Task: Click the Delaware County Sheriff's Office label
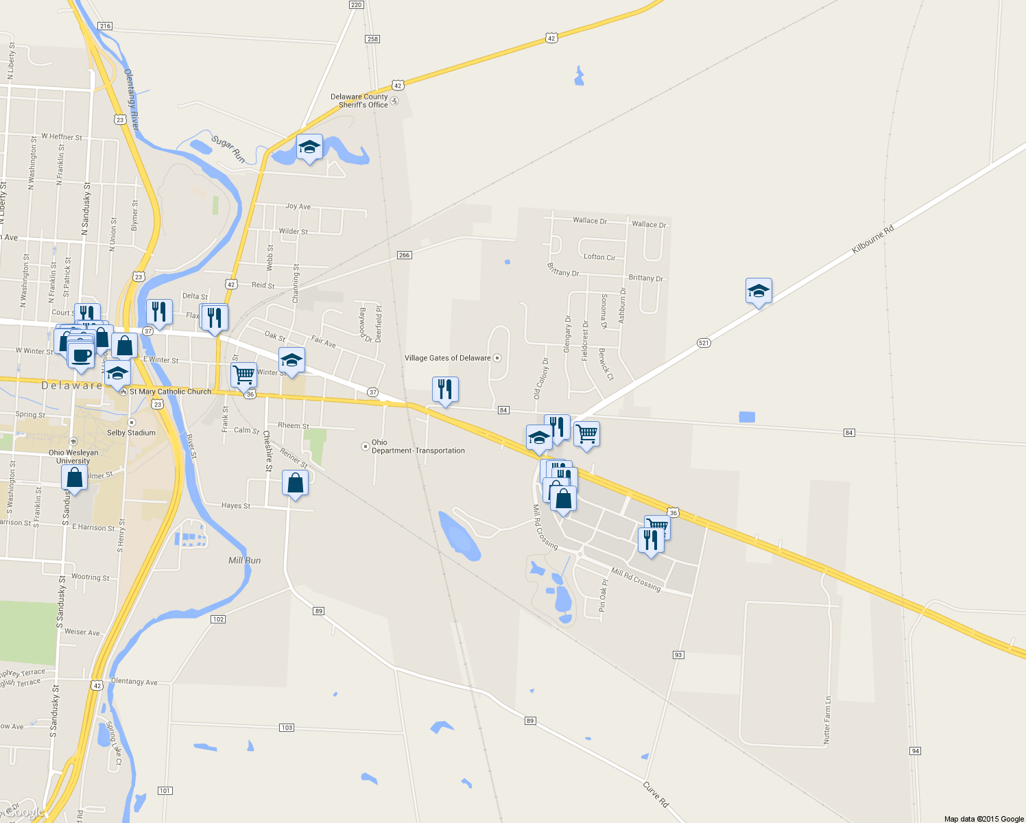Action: point(359,101)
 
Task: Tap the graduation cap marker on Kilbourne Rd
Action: point(759,291)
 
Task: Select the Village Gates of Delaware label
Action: point(448,358)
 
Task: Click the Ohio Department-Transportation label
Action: point(418,446)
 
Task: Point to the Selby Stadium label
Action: point(131,433)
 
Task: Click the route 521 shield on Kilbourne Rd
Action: point(704,343)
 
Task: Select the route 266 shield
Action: point(404,255)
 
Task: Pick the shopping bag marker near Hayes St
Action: point(295,484)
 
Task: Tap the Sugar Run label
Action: point(228,149)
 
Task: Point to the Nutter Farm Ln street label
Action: point(827,719)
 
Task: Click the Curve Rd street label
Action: point(656,794)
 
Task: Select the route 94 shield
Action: point(916,751)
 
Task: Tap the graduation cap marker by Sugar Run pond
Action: point(309,147)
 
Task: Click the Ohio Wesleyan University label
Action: point(73,457)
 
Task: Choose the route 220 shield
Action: point(356,5)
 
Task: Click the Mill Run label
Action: point(244,560)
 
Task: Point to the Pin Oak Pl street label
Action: point(604,595)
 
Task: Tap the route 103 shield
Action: point(287,728)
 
